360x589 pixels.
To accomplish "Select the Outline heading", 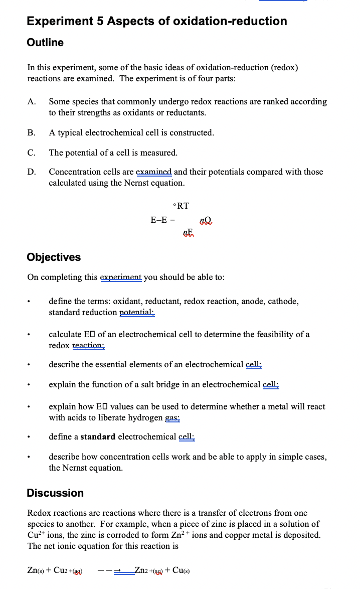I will pyautogui.click(x=45, y=43).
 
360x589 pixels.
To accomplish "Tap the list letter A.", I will pyautogui.click(x=31, y=102).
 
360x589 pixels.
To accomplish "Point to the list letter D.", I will pyautogui.click(x=31, y=172).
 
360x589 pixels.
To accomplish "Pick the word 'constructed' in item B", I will pyautogui.click(x=190, y=133).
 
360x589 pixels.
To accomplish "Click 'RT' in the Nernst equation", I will pyautogui.click(x=183, y=206).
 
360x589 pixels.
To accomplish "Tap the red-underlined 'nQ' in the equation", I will pyautogui.click(x=206, y=220).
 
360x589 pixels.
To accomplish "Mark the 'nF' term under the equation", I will pyautogui.click(x=188, y=231).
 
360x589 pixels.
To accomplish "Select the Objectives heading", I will pyautogui.click(x=54, y=257).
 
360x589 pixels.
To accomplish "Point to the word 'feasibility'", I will pyautogui.click(x=263, y=335).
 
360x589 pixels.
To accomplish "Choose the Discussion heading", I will pyautogui.click(x=55, y=493).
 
